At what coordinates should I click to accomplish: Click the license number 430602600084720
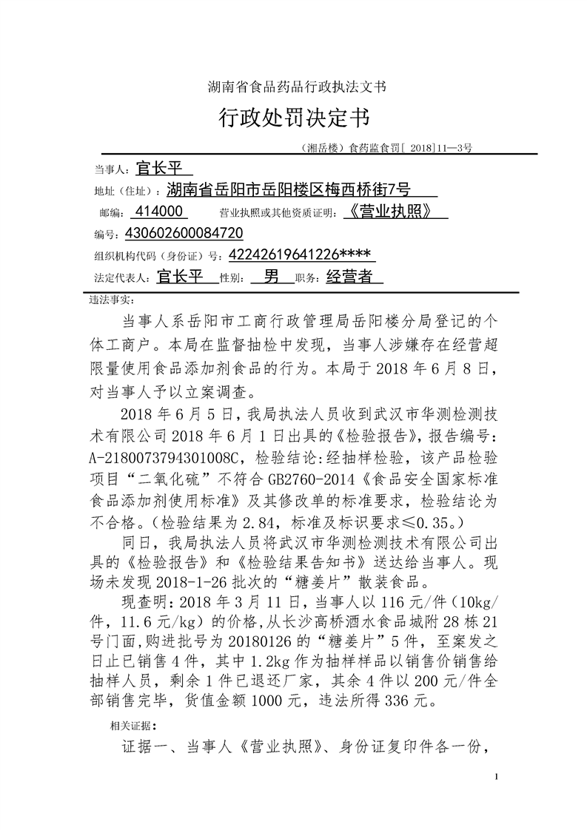(173, 234)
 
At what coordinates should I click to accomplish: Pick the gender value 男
(272, 277)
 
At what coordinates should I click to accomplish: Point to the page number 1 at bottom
(497, 776)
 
